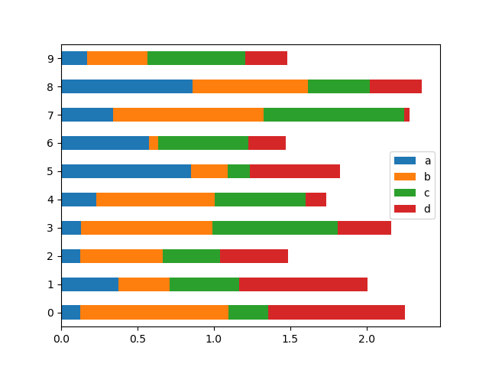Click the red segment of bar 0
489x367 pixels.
(x=336, y=312)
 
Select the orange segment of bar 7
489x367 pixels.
(x=188, y=115)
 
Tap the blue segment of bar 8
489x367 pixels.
(x=127, y=86)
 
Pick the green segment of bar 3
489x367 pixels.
(x=275, y=228)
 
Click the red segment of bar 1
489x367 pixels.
(x=303, y=284)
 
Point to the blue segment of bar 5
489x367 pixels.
(x=126, y=171)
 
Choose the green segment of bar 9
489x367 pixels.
(x=196, y=58)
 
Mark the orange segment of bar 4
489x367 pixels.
(x=155, y=200)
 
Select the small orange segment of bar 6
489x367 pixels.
(x=154, y=143)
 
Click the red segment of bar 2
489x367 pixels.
(x=254, y=256)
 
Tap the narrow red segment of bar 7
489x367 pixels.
(x=407, y=115)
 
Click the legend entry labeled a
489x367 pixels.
(x=413, y=161)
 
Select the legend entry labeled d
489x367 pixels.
(x=413, y=209)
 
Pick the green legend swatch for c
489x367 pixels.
(x=403, y=193)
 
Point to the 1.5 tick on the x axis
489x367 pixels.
(x=290, y=327)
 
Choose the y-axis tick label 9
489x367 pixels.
(x=50, y=58)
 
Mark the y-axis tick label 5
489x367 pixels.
(x=50, y=171)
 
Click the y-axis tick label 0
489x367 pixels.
(x=50, y=312)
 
